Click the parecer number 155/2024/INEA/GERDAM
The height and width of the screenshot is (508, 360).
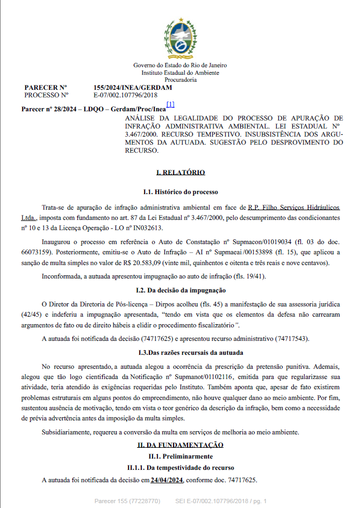coord(133,87)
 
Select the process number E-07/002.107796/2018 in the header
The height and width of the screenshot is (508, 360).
coord(125,95)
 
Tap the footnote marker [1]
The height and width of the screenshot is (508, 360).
coord(170,104)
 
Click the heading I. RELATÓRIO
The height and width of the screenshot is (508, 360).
coord(180,173)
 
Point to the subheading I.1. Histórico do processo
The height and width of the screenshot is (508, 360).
coord(180,191)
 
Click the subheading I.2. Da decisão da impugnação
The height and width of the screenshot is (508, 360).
coord(180,290)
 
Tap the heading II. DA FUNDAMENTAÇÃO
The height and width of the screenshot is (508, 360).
coord(180,445)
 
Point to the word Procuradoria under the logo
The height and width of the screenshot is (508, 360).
coord(180,80)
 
